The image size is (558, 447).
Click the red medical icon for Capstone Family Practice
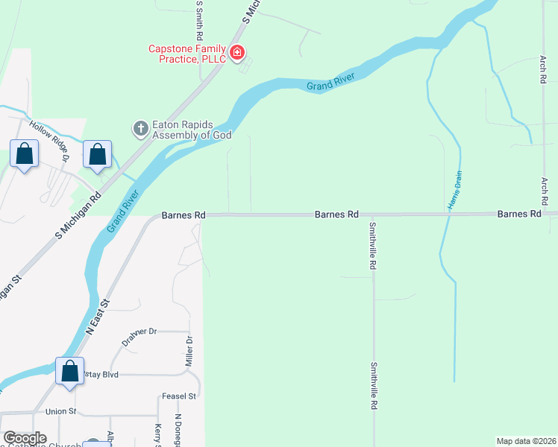[237, 51]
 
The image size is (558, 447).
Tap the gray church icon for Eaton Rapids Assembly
[140, 129]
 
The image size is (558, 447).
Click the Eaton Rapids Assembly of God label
[192, 130]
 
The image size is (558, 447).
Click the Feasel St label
[178, 396]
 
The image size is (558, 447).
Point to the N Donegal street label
[178, 431]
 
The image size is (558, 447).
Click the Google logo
[25, 438]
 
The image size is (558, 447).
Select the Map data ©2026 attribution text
[526, 440]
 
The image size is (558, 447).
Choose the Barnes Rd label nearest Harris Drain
[519, 214]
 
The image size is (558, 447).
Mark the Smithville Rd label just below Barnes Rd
[372, 245]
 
